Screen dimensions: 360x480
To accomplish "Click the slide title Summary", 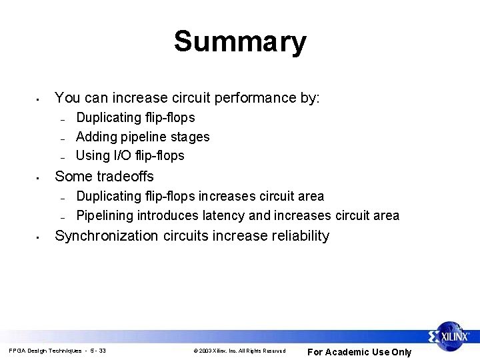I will tap(240, 42).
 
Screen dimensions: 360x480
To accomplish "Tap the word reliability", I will tap(296, 235).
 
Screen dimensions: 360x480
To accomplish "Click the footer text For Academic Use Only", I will tap(359, 352).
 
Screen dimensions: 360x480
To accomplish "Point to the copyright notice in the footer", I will tap(239, 351).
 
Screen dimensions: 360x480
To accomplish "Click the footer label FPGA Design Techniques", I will tap(45, 351).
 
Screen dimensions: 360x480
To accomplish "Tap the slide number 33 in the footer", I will tap(101, 351).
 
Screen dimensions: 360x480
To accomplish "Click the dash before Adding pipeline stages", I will tap(61, 139).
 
